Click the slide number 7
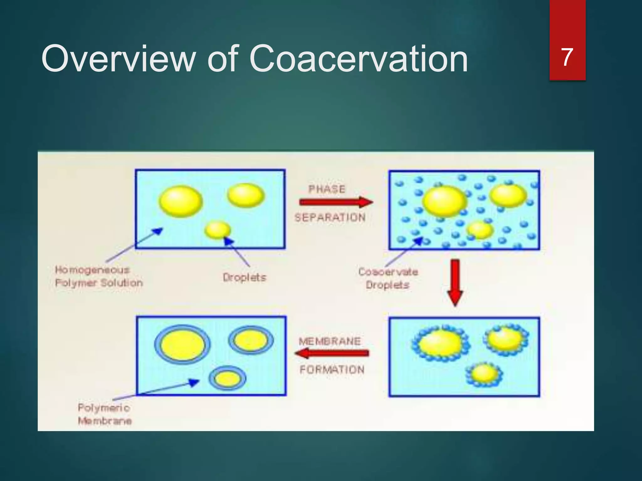click(x=567, y=58)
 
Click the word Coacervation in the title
click(x=358, y=59)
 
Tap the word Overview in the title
click(x=118, y=59)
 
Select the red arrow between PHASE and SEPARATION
click(x=335, y=202)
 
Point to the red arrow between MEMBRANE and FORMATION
click(x=332, y=354)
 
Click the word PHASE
click(x=327, y=189)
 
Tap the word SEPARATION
click(x=330, y=217)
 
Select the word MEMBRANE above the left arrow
click(x=329, y=341)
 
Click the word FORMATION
click(x=332, y=370)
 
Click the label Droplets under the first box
click(x=245, y=277)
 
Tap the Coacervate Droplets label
click(x=388, y=278)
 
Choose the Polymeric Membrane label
click(x=104, y=414)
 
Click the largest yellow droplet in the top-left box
click(x=181, y=201)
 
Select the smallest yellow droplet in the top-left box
click(x=218, y=230)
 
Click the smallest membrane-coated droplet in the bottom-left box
click(x=228, y=378)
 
